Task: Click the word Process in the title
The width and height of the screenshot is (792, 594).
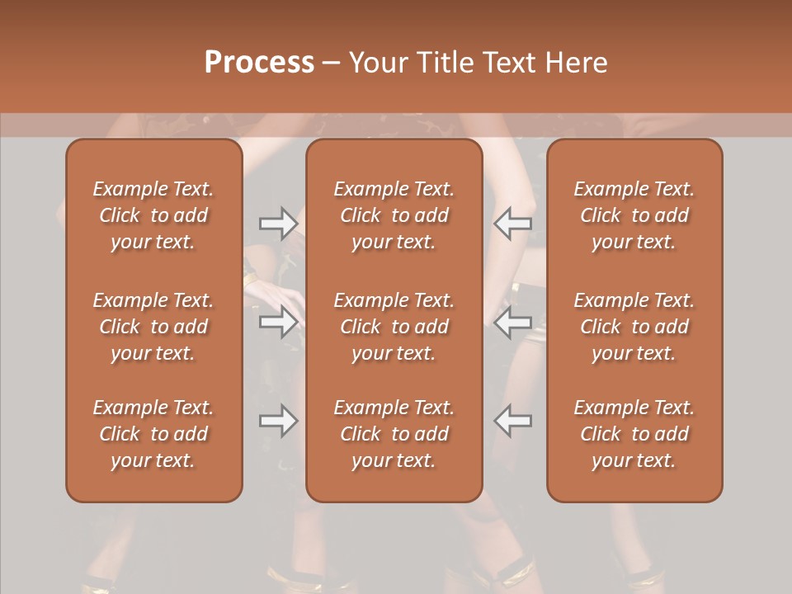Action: click(x=259, y=63)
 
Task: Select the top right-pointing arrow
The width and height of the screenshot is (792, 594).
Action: click(x=278, y=223)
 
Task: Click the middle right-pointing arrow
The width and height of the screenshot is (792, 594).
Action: click(x=278, y=322)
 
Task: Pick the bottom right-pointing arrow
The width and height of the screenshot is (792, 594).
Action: click(x=278, y=421)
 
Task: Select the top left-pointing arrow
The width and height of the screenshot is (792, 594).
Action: click(x=513, y=223)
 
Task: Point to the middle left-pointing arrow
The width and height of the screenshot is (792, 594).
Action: click(x=513, y=322)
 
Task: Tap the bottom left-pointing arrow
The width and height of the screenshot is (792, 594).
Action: click(x=513, y=421)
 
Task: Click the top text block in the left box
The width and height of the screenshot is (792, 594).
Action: click(x=153, y=215)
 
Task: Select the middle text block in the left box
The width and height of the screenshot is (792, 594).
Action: click(x=153, y=327)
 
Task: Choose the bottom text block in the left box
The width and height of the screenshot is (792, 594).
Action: click(x=153, y=434)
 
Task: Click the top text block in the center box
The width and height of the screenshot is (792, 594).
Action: click(x=394, y=215)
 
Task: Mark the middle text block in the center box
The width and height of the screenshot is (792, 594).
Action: click(x=394, y=327)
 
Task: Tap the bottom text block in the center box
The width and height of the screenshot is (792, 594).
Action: click(x=394, y=434)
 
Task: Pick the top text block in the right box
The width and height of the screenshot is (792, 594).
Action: click(x=634, y=215)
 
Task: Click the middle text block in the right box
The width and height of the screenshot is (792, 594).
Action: click(x=634, y=327)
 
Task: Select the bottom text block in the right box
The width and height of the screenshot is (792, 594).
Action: click(x=634, y=434)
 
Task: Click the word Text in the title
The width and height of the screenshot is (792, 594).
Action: click(x=504, y=63)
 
